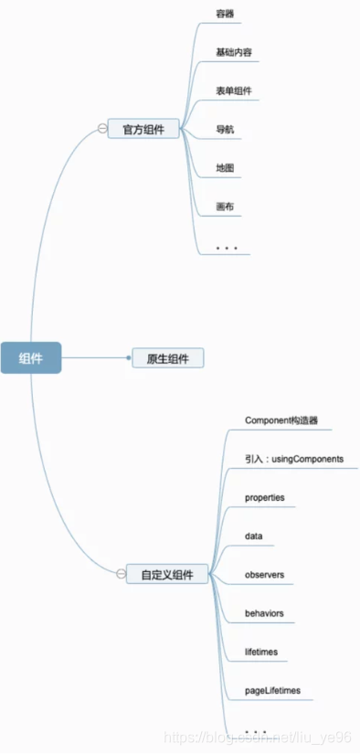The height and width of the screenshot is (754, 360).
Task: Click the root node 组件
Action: (x=30, y=358)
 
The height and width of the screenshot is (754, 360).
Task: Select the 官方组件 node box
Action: (x=143, y=129)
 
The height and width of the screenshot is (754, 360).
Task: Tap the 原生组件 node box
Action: (x=167, y=358)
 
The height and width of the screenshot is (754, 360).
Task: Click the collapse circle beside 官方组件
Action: (x=102, y=129)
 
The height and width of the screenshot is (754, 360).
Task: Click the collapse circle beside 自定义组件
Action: (x=121, y=575)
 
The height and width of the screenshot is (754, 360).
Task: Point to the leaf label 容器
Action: (x=225, y=14)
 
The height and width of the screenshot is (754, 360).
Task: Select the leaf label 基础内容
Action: (x=236, y=53)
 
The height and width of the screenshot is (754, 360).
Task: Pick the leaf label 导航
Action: (x=225, y=130)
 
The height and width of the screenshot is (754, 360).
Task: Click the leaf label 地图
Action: (x=225, y=168)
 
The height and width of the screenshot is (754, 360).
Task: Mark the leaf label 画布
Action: (x=225, y=207)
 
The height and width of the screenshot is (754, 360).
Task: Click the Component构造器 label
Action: (x=281, y=420)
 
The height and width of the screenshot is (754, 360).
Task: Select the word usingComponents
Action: (x=307, y=459)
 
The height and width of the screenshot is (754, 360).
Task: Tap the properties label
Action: (x=265, y=497)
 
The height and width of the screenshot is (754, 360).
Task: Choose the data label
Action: (x=254, y=536)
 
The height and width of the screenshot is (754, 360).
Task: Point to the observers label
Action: (x=264, y=575)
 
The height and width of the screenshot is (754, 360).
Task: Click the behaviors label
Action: (x=264, y=613)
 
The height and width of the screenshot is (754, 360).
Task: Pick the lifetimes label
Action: (x=261, y=652)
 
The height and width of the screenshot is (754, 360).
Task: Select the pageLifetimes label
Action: (x=272, y=691)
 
